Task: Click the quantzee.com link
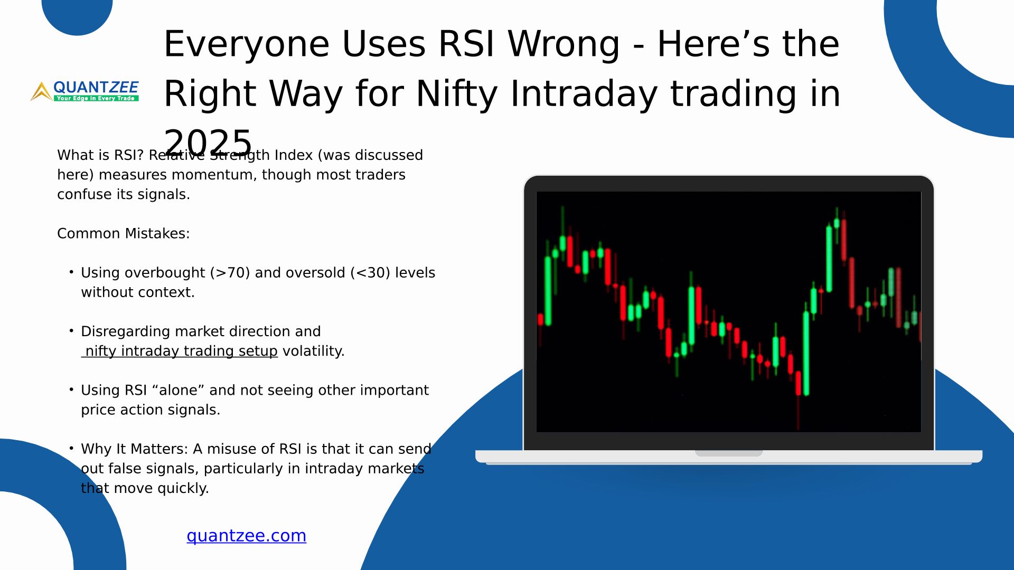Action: coord(246,536)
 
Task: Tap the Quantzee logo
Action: coord(84,91)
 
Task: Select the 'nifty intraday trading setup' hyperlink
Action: coord(180,351)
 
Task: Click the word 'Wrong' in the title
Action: coord(564,44)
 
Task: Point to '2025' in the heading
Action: coord(208,142)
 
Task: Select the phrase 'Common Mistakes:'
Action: coord(123,233)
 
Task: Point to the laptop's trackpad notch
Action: coord(729,453)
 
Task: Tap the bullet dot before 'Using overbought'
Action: coord(71,272)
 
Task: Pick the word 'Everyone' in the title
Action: coord(247,44)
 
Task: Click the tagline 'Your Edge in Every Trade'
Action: coord(96,98)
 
